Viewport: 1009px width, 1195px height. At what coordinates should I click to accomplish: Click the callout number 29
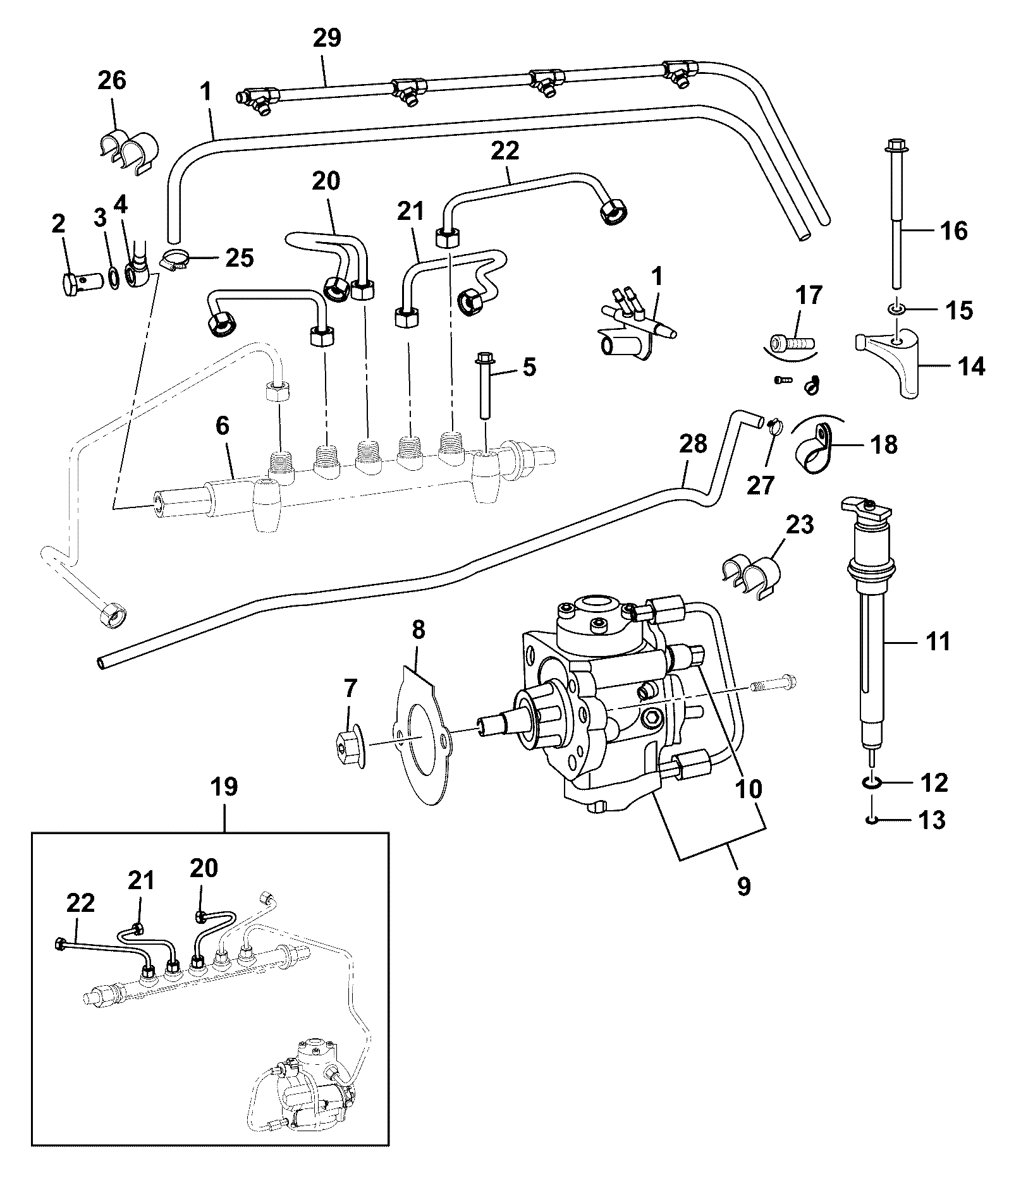[327, 38]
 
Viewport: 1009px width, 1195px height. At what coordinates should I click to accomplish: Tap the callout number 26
[112, 80]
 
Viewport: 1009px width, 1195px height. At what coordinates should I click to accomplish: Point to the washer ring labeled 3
[113, 277]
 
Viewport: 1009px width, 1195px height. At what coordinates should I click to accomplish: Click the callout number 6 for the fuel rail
[223, 426]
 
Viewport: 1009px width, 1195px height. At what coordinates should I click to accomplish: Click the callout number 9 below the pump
[744, 886]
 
